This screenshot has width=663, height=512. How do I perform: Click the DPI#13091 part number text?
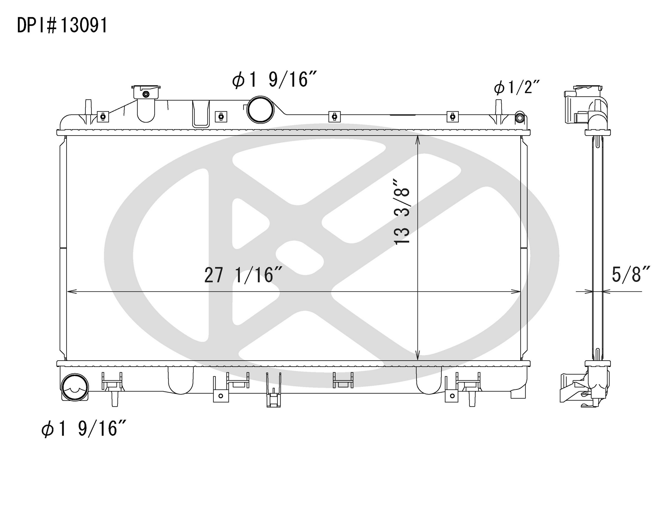coord(62,25)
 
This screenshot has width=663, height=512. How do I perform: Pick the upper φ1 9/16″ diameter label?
coord(274,80)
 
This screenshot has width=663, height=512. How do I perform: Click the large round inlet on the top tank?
coord(260,110)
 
